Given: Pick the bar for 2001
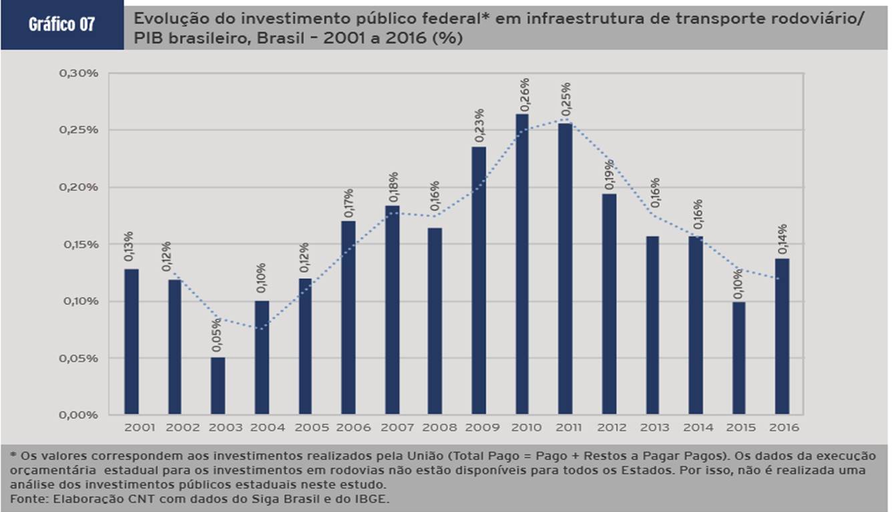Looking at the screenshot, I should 132,341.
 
